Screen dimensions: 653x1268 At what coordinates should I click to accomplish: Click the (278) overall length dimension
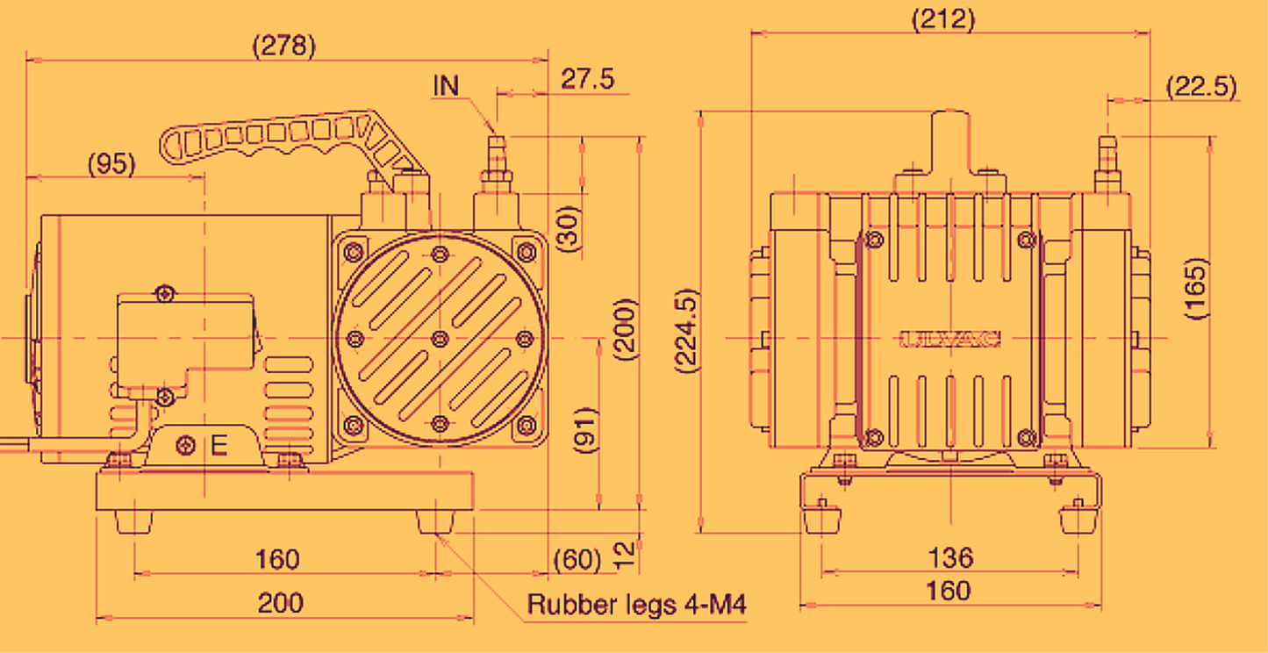pyautogui.click(x=283, y=46)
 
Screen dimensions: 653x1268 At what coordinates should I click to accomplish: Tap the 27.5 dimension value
pyautogui.click(x=587, y=79)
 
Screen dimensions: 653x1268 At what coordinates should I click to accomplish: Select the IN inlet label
pyautogui.click(x=446, y=85)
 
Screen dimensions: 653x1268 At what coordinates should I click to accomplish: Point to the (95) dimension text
pyautogui.click(x=113, y=164)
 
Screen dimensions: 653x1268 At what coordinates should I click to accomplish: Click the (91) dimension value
pyautogui.click(x=584, y=430)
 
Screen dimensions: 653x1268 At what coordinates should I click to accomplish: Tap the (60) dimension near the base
pyautogui.click(x=577, y=559)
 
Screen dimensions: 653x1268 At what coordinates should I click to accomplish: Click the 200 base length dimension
pyautogui.click(x=280, y=602)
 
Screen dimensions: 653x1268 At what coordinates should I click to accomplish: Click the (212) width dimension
pyautogui.click(x=943, y=19)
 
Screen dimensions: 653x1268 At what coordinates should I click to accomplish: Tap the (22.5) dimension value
pyautogui.click(x=1201, y=87)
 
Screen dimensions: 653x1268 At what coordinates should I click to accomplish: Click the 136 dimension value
pyautogui.click(x=950, y=557)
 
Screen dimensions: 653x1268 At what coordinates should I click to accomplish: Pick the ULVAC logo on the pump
pyautogui.click(x=950, y=338)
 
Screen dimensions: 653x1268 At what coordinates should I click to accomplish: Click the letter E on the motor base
pyautogui.click(x=219, y=446)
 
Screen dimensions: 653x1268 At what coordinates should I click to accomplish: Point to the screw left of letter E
pyautogui.click(x=184, y=445)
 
